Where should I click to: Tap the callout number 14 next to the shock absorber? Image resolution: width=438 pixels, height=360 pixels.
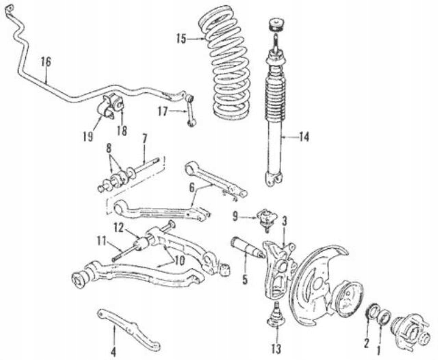coord(304,137)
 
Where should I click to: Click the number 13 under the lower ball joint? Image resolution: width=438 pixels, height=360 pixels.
coord(276,349)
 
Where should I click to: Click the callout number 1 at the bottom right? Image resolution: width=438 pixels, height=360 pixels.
coord(379,350)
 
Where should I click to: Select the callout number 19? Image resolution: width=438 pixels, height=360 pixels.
coord(88,136)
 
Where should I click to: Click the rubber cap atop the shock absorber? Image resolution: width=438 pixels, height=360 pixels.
coord(276,25)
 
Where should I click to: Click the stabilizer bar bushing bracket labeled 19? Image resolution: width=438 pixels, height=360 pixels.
coord(104,109)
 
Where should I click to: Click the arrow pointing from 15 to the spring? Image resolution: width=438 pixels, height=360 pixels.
coord(197,39)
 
